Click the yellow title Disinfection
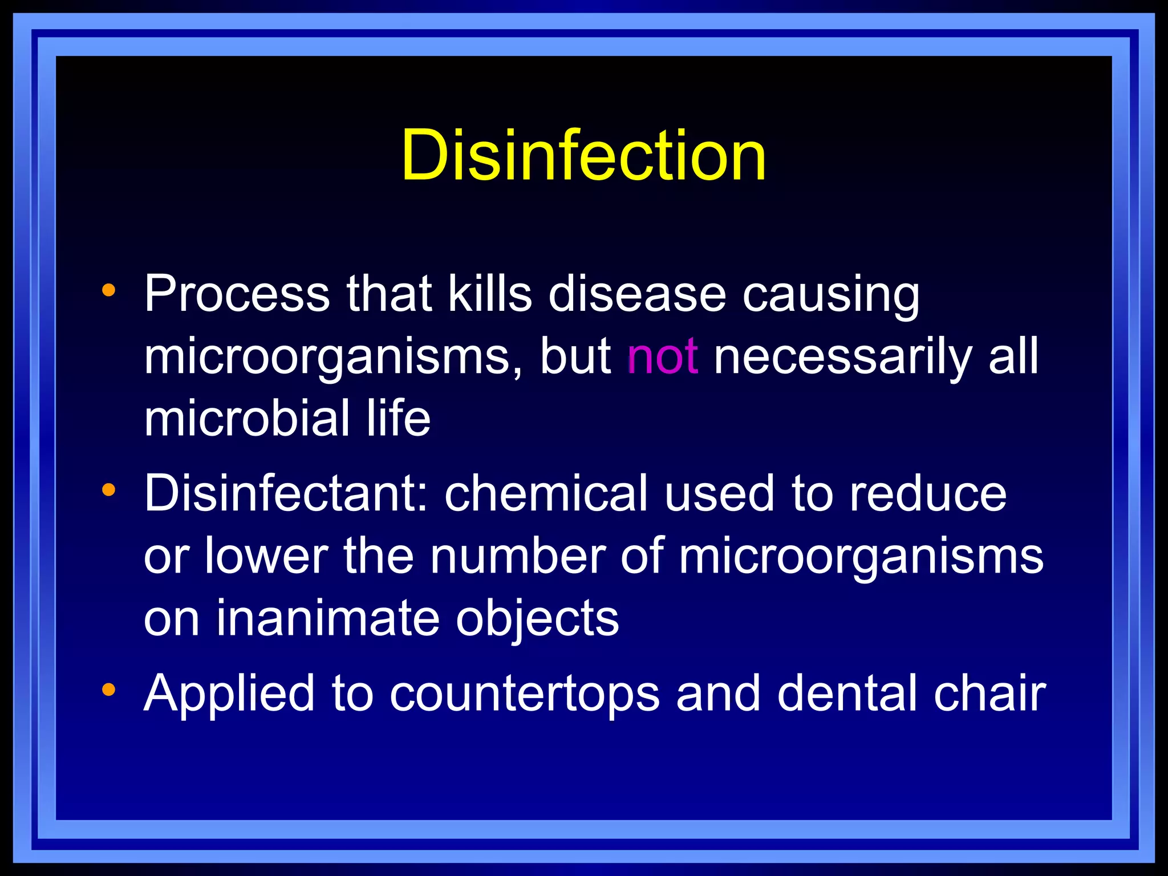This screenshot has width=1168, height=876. (583, 155)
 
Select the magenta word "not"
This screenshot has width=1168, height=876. (662, 356)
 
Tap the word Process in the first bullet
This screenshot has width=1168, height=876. (237, 294)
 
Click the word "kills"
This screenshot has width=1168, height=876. (489, 294)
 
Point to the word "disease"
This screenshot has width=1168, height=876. (637, 294)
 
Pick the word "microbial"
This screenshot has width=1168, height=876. (247, 418)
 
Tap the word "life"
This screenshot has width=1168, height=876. (398, 418)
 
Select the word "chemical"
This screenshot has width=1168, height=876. (546, 493)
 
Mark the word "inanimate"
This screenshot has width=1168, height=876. (327, 619)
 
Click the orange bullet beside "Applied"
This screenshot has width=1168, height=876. (108, 690)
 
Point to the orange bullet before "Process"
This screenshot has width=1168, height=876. (108, 291)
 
